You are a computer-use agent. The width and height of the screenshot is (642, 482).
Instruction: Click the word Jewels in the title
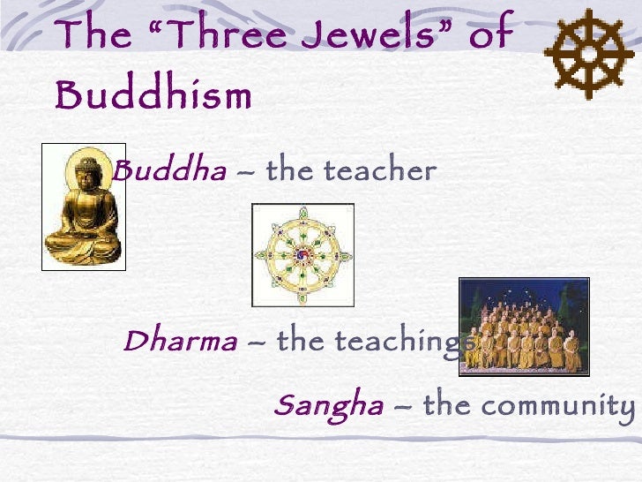[x=350, y=35]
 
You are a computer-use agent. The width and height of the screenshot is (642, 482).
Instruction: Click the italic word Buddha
[x=170, y=170]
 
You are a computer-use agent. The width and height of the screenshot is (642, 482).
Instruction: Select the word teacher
[x=390, y=170]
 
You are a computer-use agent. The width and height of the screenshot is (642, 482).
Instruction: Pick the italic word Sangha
[x=328, y=405]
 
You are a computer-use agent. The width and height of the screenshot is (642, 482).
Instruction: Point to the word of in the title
[x=490, y=35]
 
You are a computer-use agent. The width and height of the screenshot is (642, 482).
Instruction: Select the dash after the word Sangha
[x=403, y=407]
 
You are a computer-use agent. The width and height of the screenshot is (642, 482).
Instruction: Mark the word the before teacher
[x=285, y=170]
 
